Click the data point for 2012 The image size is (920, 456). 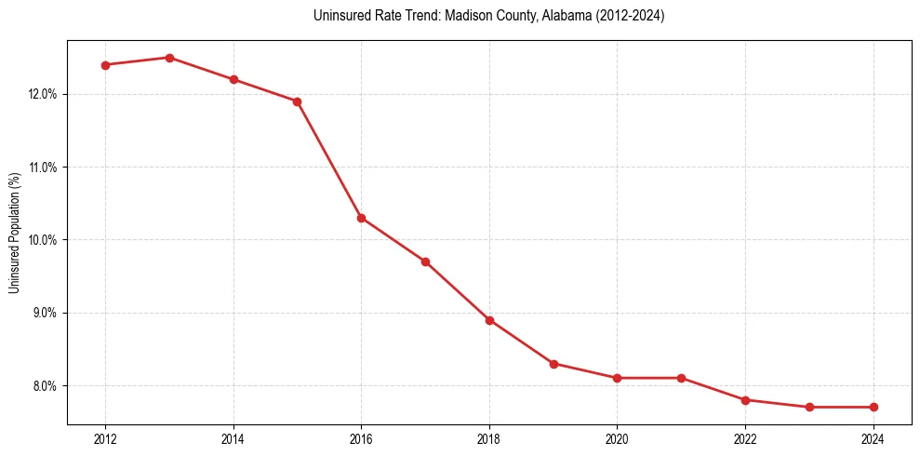[105, 65]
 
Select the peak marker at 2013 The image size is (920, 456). [169, 58]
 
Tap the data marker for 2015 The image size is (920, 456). [297, 101]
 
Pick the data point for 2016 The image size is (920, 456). [361, 218]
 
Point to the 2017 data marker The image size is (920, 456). [425, 262]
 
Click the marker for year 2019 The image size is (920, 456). [553, 364]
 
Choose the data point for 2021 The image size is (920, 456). [681, 378]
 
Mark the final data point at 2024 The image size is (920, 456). [873, 407]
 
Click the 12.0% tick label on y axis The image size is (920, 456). [44, 94]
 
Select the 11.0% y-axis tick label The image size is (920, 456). [44, 168]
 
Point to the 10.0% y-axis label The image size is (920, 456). [44, 240]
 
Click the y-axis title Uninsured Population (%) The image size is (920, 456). [15, 233]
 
